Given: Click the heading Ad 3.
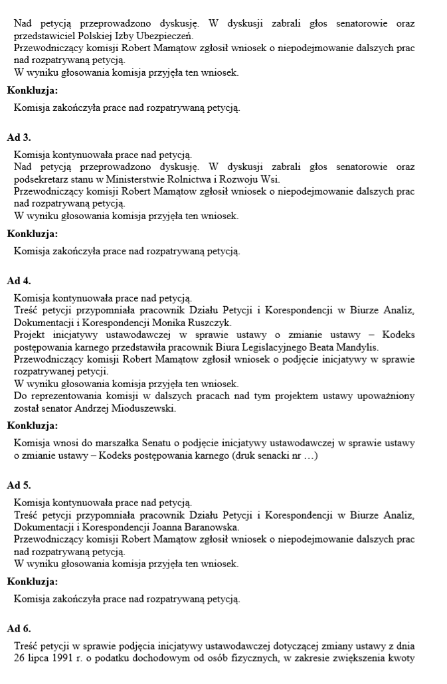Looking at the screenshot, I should click(x=19, y=137).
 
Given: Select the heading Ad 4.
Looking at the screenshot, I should click(x=19, y=280).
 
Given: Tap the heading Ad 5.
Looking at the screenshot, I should click(x=19, y=485).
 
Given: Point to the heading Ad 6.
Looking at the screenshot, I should click(x=19, y=628).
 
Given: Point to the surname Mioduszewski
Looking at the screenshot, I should click(x=145, y=408).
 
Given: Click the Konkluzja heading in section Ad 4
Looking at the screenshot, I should click(x=32, y=426).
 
